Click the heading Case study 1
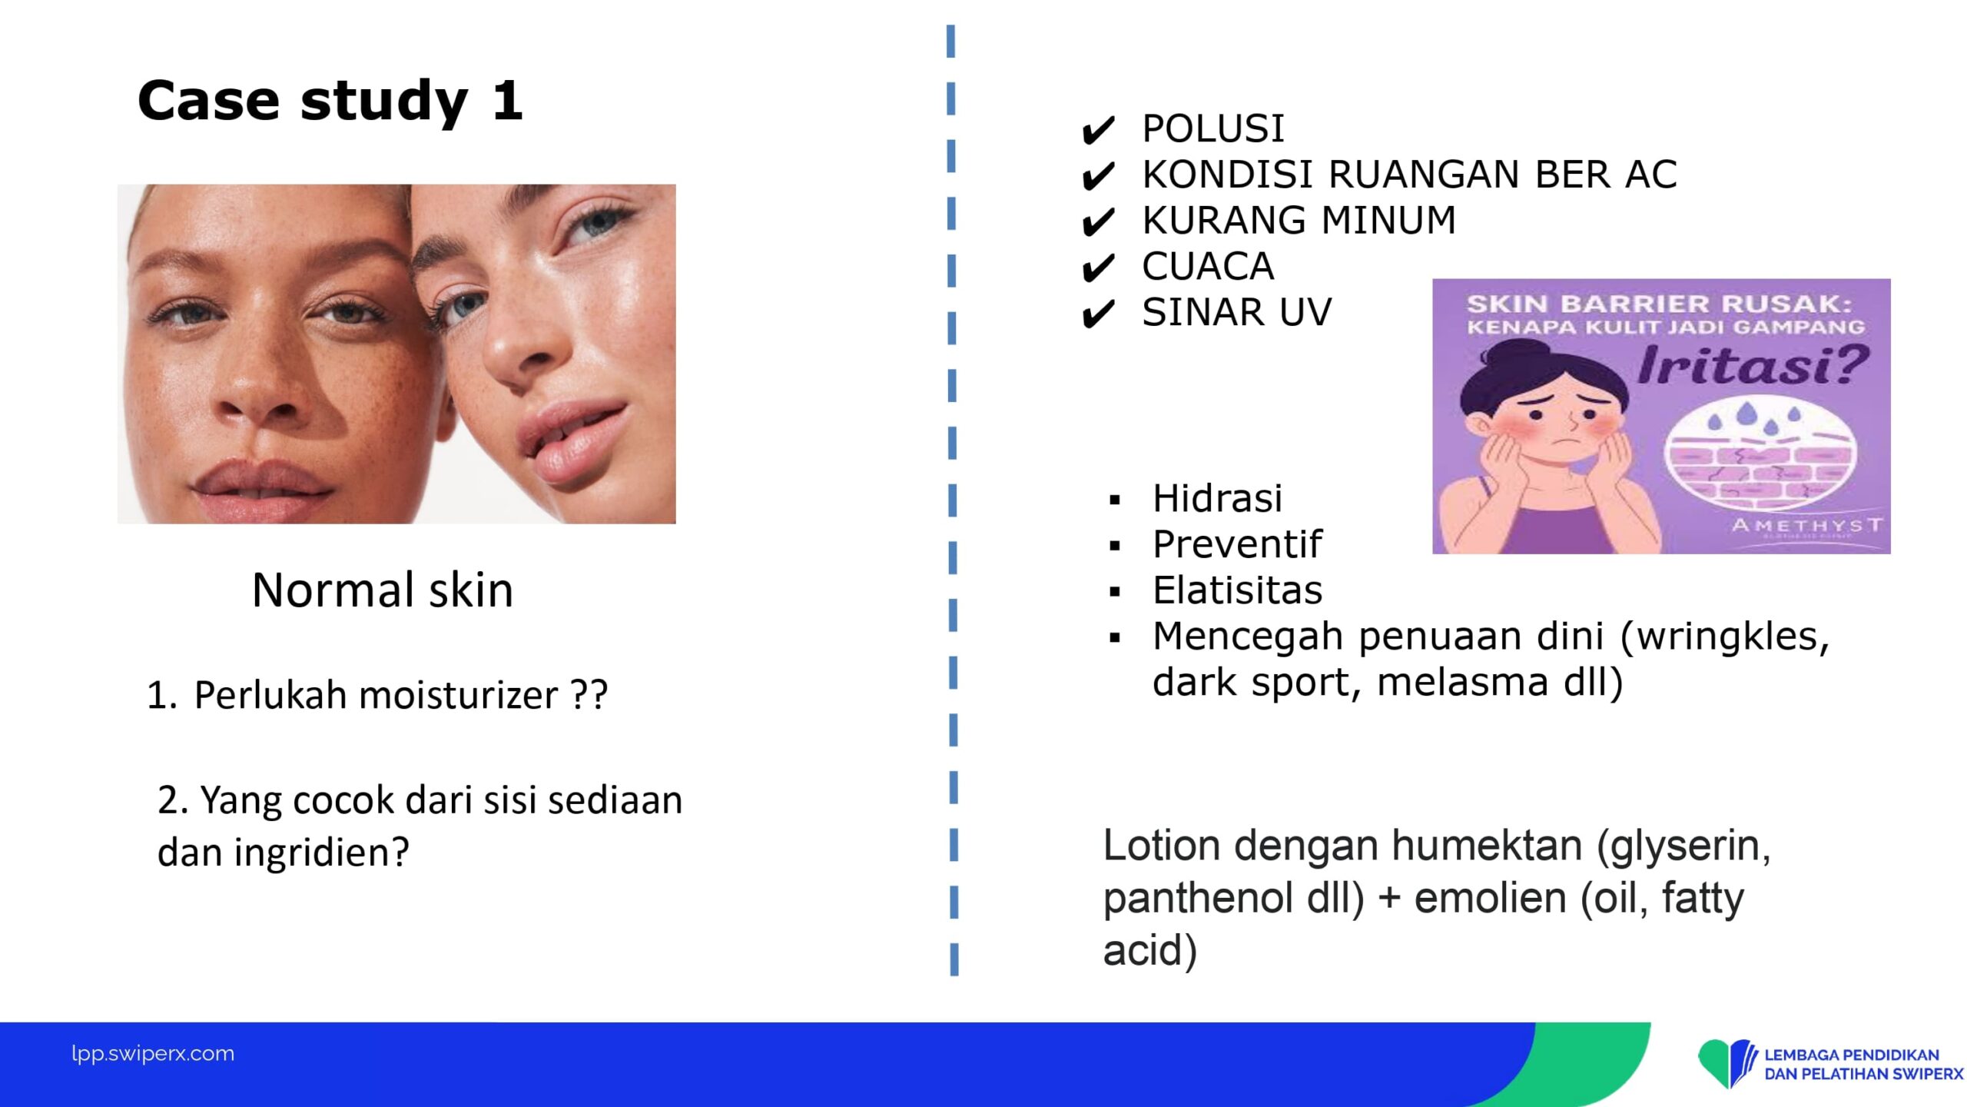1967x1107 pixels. pyautogui.click(x=330, y=101)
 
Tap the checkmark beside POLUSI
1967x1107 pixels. pyautogui.click(x=1098, y=131)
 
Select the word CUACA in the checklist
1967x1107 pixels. pyautogui.click(x=1208, y=267)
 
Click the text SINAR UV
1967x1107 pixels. pyautogui.click(x=1237, y=312)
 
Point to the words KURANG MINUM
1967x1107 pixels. pyautogui.click(x=1299, y=221)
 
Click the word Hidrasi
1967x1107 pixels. pyautogui.click(x=1218, y=498)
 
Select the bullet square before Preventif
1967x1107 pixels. pyautogui.click(x=1116, y=547)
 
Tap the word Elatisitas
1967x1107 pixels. pyautogui.click(x=1238, y=590)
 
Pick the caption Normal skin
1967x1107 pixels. pyautogui.click(x=383, y=590)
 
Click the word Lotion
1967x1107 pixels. pyautogui.click(x=1162, y=846)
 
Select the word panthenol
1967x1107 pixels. pyautogui.click(x=1196, y=899)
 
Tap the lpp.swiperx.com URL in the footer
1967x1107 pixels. pyautogui.click(x=153, y=1053)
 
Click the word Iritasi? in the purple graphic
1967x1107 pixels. pyautogui.click(x=1753, y=365)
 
